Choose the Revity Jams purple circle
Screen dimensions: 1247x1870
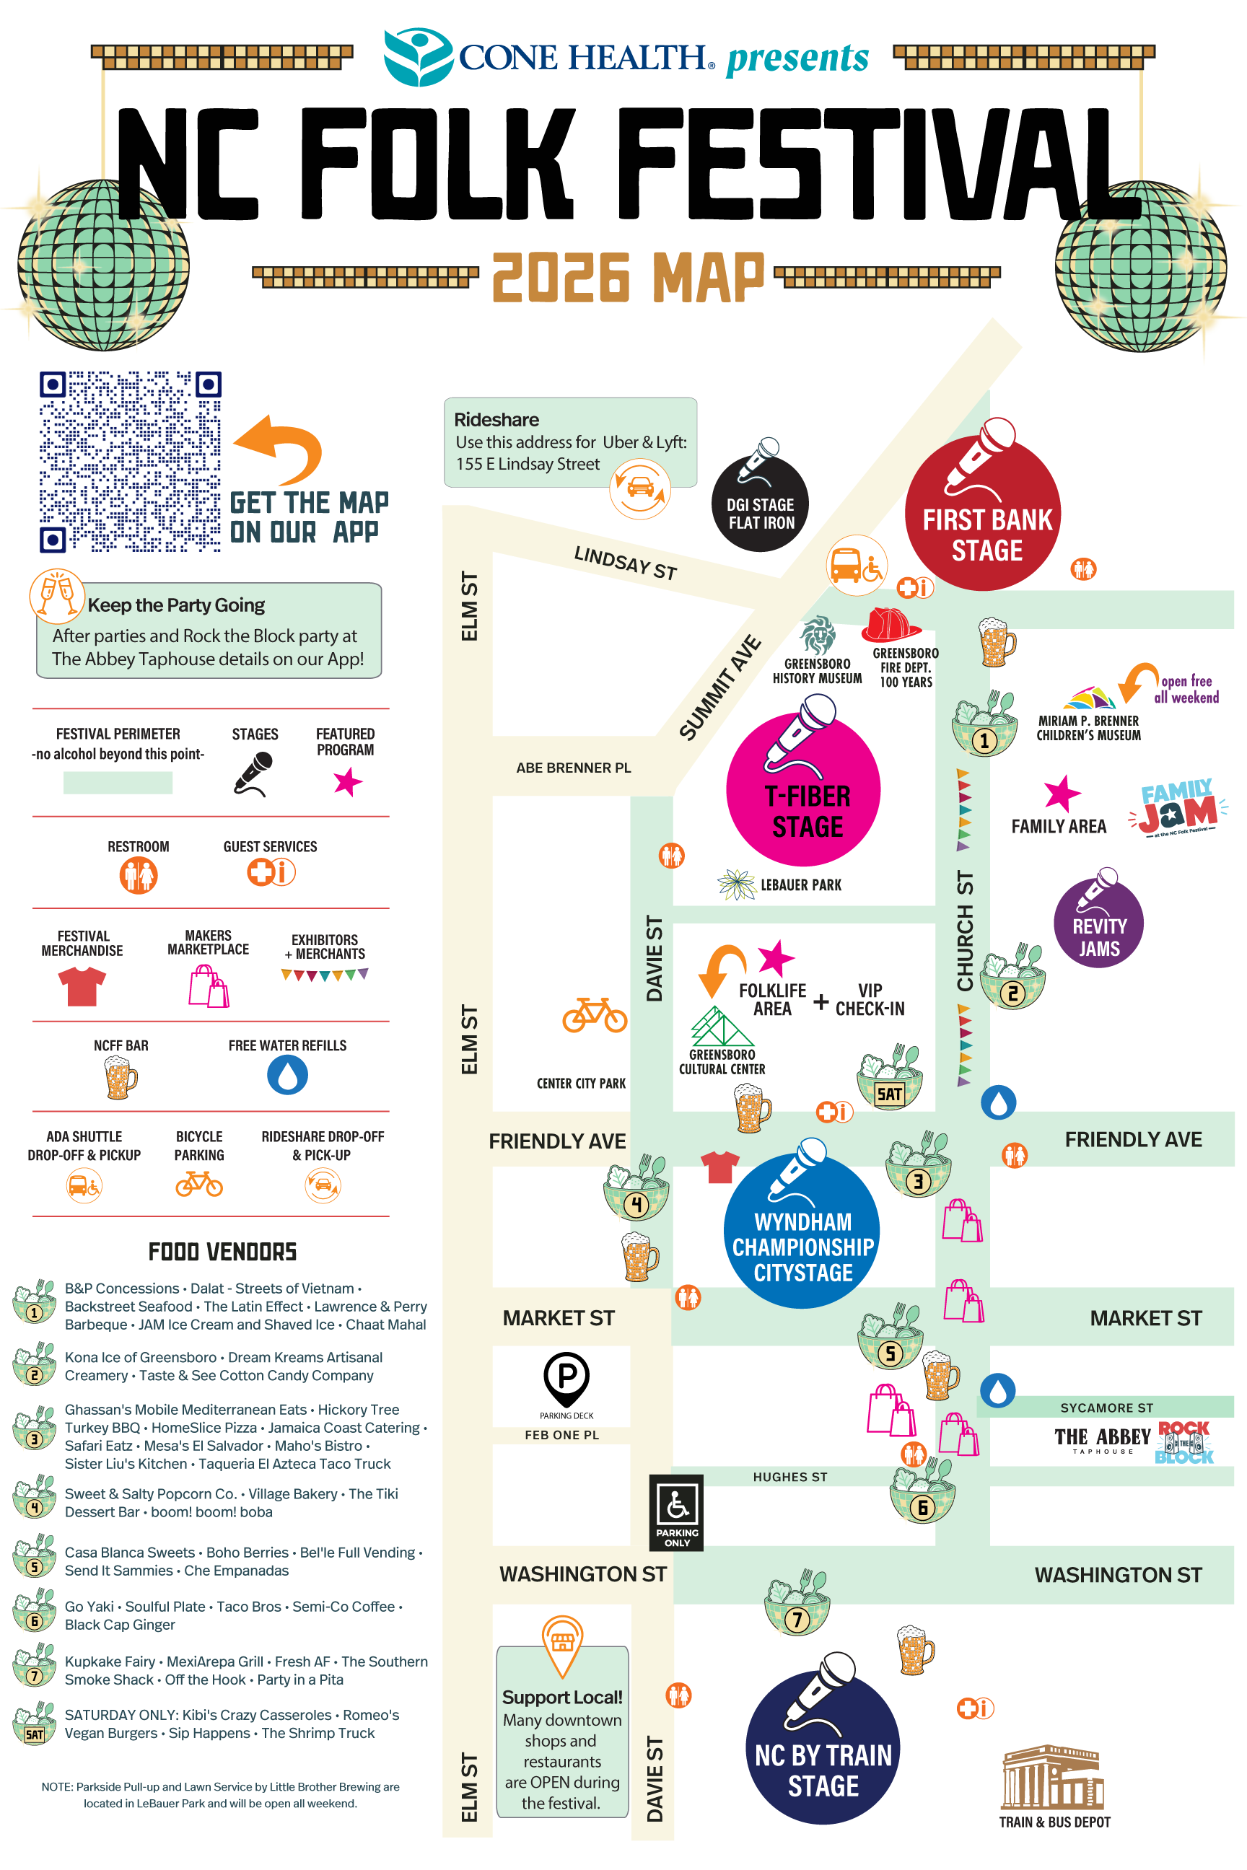pyautogui.click(x=1098, y=923)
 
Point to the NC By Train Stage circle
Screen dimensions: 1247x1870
pyautogui.click(x=823, y=1747)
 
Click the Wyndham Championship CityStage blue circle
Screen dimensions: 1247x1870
pyautogui.click(x=802, y=1231)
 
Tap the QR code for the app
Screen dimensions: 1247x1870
pyautogui.click(x=131, y=461)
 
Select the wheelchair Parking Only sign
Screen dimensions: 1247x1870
pyautogui.click(x=676, y=1512)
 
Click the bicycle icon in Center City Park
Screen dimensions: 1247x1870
pyautogui.click(x=595, y=1014)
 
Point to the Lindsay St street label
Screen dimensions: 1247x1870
pyautogui.click(x=626, y=563)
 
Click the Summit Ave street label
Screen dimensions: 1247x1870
pyautogui.click(x=719, y=688)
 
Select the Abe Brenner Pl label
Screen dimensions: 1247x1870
pyautogui.click(x=574, y=768)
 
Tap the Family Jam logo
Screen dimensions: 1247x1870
pyautogui.click(x=1178, y=808)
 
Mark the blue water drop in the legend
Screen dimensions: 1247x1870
pyautogui.click(x=288, y=1075)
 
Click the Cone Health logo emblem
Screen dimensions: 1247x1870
pyautogui.click(x=419, y=57)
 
